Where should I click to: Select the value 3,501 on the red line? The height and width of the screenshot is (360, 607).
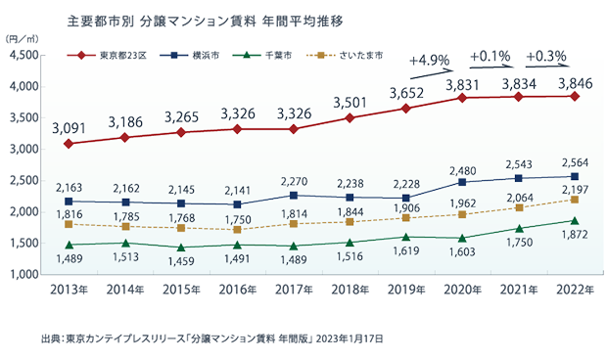pyautogui.click(x=350, y=102)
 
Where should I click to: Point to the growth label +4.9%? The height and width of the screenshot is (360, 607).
pyautogui.click(x=429, y=61)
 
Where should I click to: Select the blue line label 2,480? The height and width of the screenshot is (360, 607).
pyautogui.click(x=463, y=166)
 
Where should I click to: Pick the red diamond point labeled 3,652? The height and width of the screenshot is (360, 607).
pyautogui.click(x=405, y=108)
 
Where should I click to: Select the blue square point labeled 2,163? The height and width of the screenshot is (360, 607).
pyautogui.click(x=69, y=201)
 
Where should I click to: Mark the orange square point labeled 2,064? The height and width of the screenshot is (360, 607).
pyautogui.click(x=520, y=207)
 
